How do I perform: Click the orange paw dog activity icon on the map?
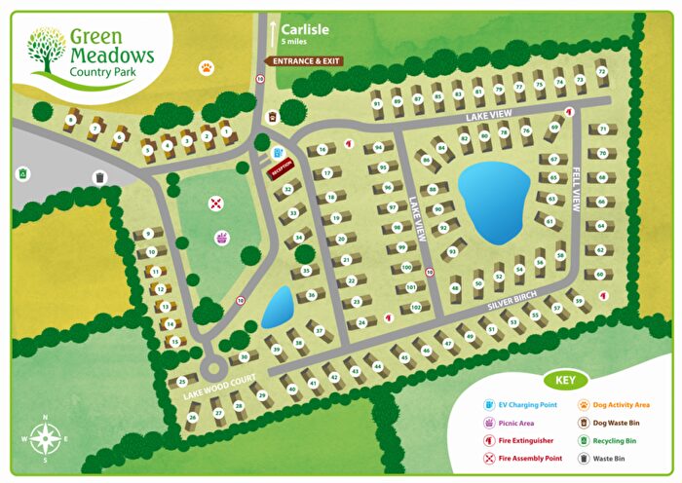click(206, 68)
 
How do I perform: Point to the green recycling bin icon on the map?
click(21, 174)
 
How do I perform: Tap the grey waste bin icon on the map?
click(99, 177)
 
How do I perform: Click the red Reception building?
click(282, 168)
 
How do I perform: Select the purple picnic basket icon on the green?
click(223, 238)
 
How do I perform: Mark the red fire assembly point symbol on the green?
click(216, 204)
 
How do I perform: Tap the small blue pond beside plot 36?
click(278, 308)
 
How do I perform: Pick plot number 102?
click(415, 308)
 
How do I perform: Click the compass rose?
click(45, 437)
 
